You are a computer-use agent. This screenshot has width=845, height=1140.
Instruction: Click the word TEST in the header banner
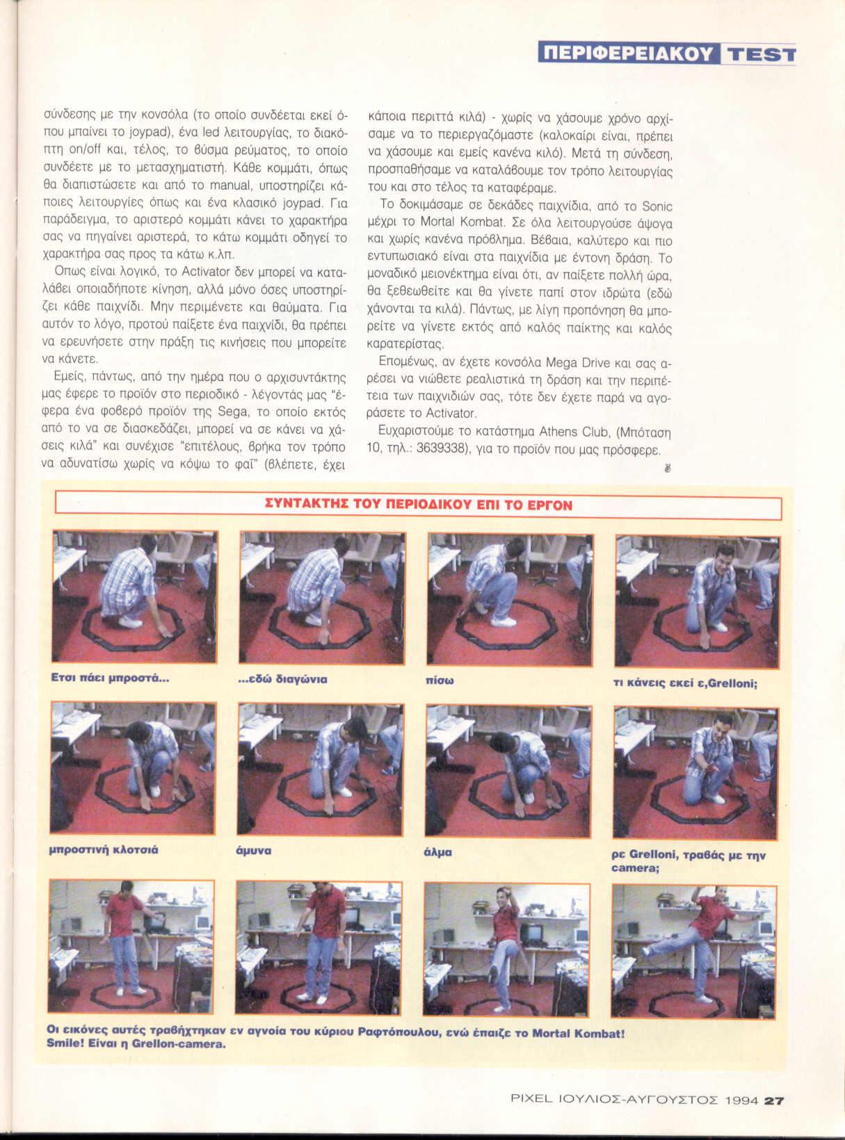(x=759, y=54)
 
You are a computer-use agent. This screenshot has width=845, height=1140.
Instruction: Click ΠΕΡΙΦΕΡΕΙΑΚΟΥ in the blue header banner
(x=629, y=54)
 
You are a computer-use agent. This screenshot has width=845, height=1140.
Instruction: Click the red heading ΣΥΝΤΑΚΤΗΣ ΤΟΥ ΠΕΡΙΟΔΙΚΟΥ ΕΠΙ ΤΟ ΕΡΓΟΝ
(x=419, y=505)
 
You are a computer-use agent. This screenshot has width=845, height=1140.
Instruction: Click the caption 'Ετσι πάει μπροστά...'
(x=110, y=678)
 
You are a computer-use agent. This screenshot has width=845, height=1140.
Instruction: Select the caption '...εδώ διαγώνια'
(x=283, y=679)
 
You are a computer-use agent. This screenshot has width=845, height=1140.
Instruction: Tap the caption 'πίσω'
(x=440, y=681)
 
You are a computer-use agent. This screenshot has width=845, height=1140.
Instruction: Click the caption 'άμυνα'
(x=253, y=851)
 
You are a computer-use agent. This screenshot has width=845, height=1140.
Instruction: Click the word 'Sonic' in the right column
(x=657, y=206)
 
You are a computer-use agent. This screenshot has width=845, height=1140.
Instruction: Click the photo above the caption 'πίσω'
(x=510, y=599)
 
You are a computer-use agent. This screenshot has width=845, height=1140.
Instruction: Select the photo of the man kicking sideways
(x=693, y=952)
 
